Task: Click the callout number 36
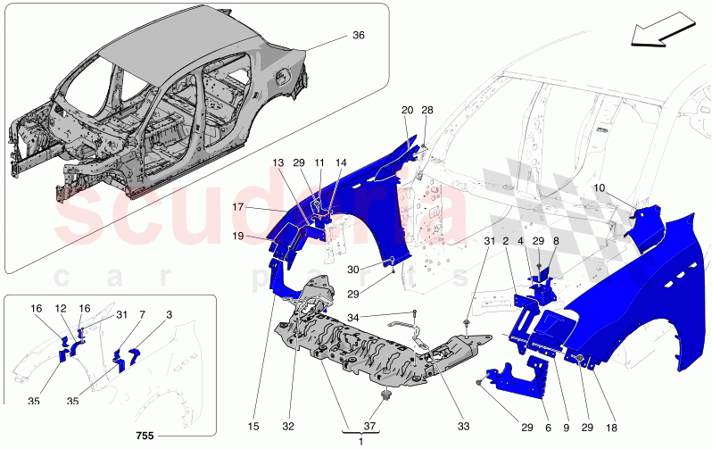pos(358,37)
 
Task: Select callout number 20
pos(407,110)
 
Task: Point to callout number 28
pos(426,110)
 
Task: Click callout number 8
pos(555,241)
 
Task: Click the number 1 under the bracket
pos(360,440)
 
